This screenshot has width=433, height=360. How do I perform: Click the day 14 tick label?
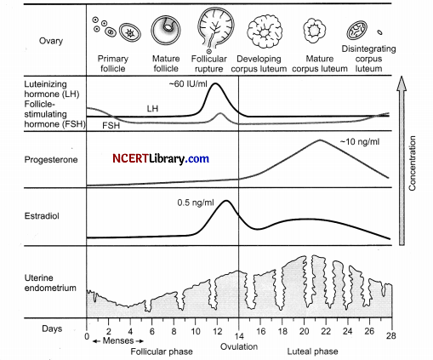coord(239,336)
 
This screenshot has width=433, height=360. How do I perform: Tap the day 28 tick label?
coord(390,335)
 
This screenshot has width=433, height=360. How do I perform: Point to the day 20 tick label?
coord(304,331)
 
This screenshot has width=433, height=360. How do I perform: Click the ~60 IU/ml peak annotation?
coord(188,84)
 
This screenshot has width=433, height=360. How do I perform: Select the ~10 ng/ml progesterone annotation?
coord(360,141)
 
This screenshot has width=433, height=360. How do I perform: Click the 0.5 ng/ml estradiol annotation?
coord(196,203)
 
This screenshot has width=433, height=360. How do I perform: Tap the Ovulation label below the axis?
coord(239,346)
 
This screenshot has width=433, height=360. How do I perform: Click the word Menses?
coord(118,340)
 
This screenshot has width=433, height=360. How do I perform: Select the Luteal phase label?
coord(312,351)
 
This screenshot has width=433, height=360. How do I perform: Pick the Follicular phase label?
coord(162,351)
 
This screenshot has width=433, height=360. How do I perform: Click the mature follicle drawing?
coord(166,31)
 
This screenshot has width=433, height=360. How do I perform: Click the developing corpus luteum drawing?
coord(265,31)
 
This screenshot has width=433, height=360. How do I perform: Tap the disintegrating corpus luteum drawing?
coord(357,31)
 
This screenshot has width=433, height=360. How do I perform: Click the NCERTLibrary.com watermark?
coord(161,158)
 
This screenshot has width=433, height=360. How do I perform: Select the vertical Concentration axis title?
coord(412,163)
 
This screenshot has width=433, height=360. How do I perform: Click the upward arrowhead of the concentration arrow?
coord(402,83)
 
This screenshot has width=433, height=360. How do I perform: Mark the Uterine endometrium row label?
coord(50,283)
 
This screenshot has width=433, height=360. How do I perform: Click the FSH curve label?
coord(111,125)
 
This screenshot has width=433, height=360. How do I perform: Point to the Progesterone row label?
coord(51,160)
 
